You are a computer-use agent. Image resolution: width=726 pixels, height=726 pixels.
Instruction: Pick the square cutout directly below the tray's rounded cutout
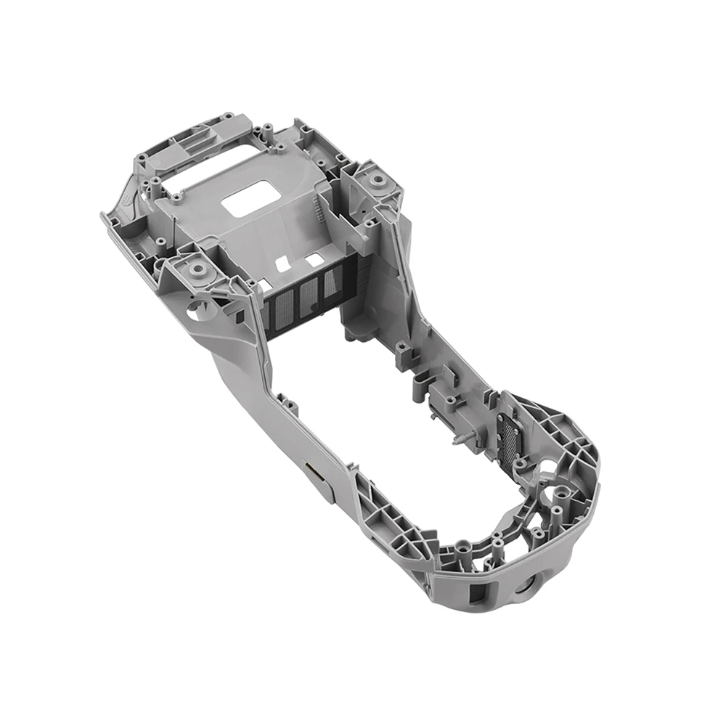coord(314,259)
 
